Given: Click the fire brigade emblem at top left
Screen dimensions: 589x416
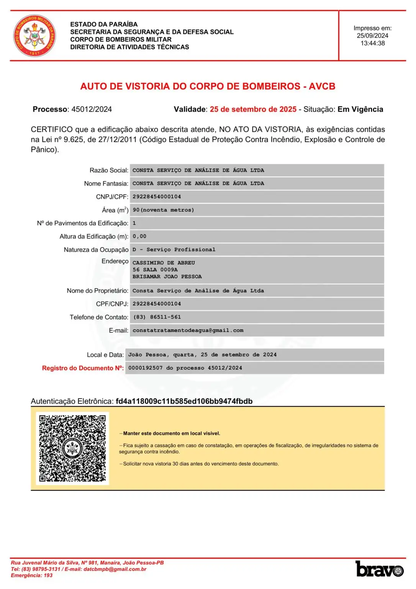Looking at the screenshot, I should coord(34,36).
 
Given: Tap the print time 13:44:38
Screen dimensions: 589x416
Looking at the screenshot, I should coord(372,43).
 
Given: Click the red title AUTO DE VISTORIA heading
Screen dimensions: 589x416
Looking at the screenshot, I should coord(208,86).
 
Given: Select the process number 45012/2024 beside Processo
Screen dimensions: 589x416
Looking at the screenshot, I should coord(92,109).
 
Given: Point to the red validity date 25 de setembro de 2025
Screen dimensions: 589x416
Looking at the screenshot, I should coord(253,109).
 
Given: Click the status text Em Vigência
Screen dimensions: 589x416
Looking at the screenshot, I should coord(360,109).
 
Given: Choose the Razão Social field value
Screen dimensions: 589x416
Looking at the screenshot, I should coord(198,170).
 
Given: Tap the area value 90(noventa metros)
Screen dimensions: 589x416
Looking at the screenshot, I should coord(163,210).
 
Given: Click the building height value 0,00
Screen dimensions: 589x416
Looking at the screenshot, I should coord(139,237).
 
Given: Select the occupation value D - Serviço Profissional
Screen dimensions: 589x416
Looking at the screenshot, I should coord(174,250).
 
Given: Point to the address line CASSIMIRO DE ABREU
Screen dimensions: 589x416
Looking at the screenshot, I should coord(164,263).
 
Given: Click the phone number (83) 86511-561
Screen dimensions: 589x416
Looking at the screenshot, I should coord(157,317).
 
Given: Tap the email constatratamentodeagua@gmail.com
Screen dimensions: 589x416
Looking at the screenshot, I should coord(188,330).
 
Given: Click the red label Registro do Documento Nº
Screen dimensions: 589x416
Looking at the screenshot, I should coord(83,368).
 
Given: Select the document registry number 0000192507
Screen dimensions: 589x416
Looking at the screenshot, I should coord(145,368).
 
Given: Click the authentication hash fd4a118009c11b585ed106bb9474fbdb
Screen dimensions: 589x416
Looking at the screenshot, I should coord(184,401).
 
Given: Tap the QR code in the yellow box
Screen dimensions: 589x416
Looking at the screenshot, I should coord(72,448).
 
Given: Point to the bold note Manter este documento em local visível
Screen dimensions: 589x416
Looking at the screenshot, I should coord(172,433).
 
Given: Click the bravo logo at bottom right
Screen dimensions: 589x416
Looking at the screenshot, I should coord(379,569).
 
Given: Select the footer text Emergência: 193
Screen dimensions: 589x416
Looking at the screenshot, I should coord(32,575).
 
